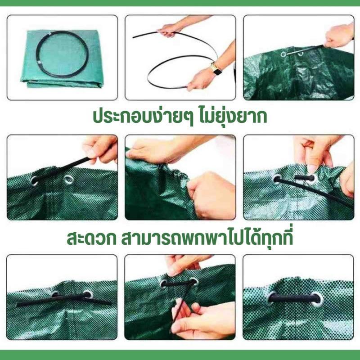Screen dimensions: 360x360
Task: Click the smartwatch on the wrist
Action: [x=216, y=69]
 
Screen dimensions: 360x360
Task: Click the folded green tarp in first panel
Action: [x=62, y=59]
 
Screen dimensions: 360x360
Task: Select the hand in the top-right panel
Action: [x=339, y=36]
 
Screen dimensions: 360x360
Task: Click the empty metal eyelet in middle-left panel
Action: [x=69, y=180]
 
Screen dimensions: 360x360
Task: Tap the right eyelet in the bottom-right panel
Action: [x=317, y=299]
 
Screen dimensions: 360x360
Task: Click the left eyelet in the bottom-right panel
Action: [x=272, y=297]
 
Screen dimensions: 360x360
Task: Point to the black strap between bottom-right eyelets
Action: [x=294, y=298]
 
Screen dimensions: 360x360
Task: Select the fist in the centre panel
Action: [x=211, y=195]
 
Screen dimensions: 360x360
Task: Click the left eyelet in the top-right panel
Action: [x=283, y=54]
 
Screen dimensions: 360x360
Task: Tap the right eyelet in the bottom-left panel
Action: [x=88, y=294]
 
